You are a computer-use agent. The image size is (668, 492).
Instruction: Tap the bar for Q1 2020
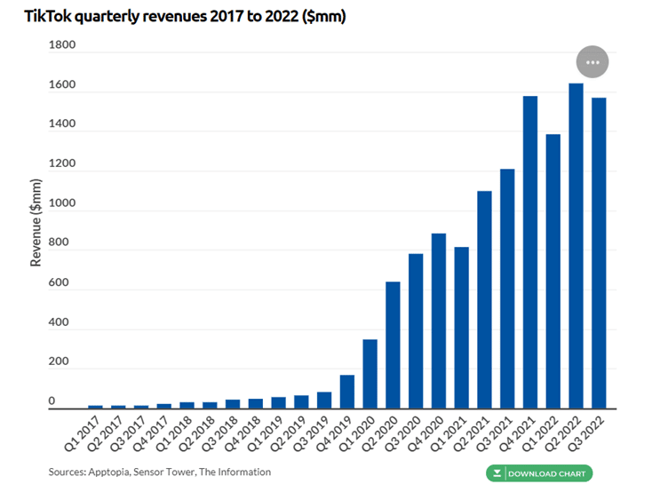coord(370,373)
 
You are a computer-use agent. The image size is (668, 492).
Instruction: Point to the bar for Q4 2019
coord(346,391)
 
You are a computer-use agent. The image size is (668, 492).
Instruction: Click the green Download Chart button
coord(539,473)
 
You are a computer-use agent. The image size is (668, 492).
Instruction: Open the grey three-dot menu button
coord(592,63)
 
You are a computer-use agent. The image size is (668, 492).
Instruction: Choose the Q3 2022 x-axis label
coord(591,431)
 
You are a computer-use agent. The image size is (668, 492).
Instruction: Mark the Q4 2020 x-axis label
coord(431,431)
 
